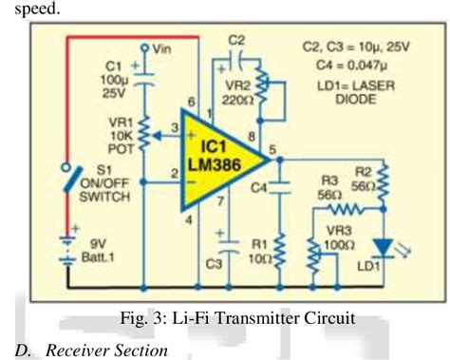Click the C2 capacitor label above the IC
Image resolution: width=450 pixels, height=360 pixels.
click(x=237, y=41)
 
